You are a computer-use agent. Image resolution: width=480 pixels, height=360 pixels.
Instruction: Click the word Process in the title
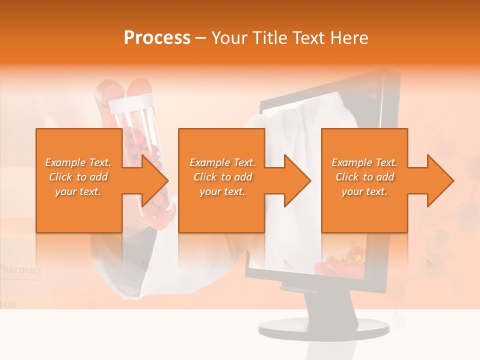pyautogui.click(x=157, y=38)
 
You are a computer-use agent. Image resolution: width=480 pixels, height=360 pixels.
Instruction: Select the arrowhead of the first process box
pyautogui.click(x=154, y=180)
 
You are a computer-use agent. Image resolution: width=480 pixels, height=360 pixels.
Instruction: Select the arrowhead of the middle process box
pyautogui.click(x=297, y=180)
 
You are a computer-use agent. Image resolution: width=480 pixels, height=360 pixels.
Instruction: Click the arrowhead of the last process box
pyautogui.click(x=439, y=180)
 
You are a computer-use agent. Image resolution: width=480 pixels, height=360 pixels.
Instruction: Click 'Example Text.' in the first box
pyautogui.click(x=78, y=162)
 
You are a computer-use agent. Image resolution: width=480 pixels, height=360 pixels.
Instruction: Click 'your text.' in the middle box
pyautogui.click(x=222, y=191)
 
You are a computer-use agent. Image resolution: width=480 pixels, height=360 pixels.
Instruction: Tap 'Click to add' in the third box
pyautogui.click(x=364, y=177)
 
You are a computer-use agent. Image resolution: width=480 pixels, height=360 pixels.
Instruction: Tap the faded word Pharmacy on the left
pyautogui.click(x=21, y=270)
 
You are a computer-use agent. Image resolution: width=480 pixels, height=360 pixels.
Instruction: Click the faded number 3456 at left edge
pyautogui.click(x=7, y=304)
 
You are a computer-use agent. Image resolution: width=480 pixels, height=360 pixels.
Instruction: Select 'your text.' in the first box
pyautogui.click(x=78, y=191)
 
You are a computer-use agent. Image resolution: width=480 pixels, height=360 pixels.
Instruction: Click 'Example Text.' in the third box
pyautogui.click(x=364, y=162)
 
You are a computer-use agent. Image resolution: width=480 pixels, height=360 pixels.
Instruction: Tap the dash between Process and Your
pyautogui.click(x=200, y=38)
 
